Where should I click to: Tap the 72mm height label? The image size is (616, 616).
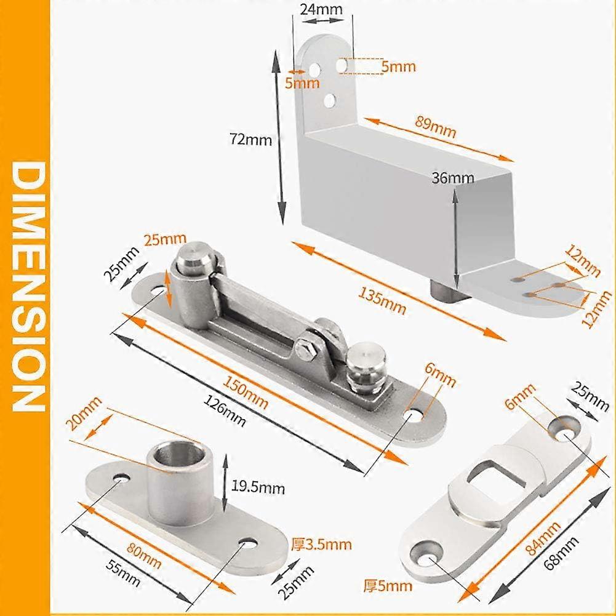(x=250, y=139)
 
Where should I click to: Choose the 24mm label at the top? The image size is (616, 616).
(x=322, y=9)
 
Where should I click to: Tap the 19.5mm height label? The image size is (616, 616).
(x=258, y=489)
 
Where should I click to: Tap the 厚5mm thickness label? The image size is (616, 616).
(x=387, y=585)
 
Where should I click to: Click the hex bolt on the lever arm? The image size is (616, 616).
(x=304, y=351)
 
